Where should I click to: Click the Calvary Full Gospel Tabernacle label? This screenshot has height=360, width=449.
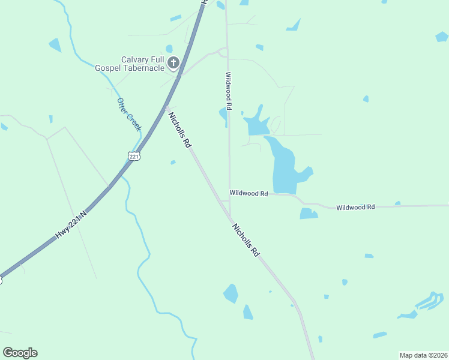(128, 64)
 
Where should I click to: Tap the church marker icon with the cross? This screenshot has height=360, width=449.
(173, 62)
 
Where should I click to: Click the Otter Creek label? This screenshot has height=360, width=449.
(129, 115)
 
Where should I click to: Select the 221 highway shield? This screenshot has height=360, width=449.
(134, 156)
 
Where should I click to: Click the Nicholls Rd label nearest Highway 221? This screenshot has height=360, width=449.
(179, 130)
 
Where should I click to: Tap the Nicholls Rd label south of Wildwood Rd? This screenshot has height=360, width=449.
(246, 240)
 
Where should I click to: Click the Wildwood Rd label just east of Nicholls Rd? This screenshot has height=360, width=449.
(249, 193)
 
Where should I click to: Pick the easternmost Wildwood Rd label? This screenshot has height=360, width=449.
(355, 207)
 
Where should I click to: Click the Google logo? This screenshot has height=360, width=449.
(20, 353)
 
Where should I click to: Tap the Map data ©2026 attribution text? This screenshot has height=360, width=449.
(424, 355)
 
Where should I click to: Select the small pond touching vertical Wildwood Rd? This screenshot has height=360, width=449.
(224, 113)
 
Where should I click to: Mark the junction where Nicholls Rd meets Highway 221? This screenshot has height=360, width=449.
(167, 108)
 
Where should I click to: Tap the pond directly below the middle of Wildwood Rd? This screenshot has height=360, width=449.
(308, 214)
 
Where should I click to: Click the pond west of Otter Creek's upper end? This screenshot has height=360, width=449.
(55, 44)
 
